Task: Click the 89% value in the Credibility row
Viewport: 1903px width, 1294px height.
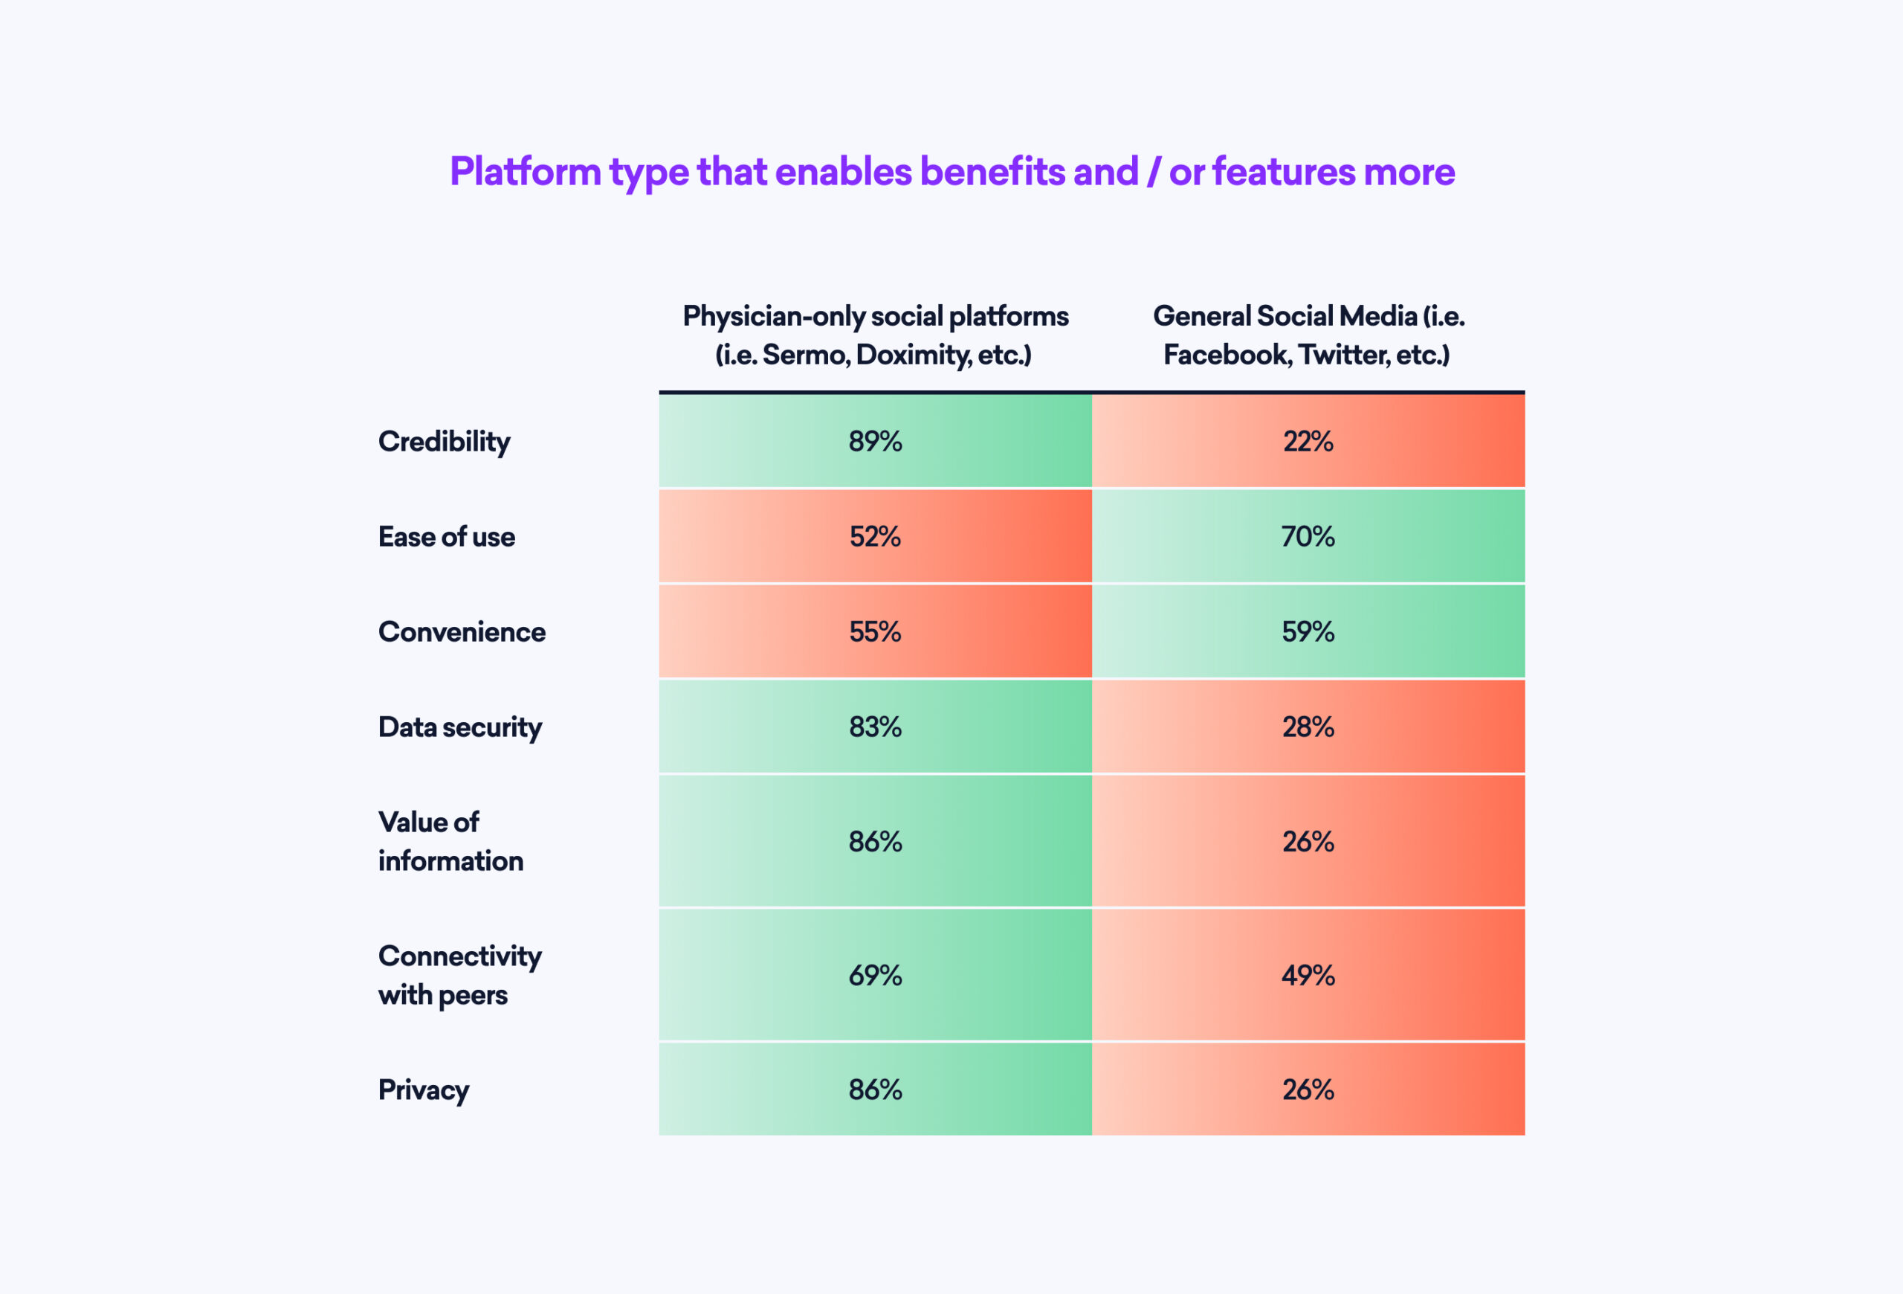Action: pos(874,442)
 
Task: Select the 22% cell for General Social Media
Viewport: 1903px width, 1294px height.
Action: pos(1308,442)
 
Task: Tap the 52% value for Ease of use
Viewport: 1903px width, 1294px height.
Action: pos(874,536)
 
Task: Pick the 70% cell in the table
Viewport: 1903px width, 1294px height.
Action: pos(1308,536)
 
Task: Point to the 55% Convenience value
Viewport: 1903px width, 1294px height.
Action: pos(874,631)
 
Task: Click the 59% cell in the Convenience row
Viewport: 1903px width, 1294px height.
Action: pos(1308,631)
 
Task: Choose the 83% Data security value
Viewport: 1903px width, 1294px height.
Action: pos(874,727)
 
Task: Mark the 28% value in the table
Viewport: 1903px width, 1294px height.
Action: pos(1308,727)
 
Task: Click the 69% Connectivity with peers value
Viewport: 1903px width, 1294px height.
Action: pos(874,975)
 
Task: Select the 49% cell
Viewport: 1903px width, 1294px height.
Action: pos(1308,975)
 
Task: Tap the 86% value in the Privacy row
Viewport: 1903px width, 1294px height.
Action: pos(874,1089)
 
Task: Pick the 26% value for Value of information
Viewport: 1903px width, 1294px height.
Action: pos(1308,841)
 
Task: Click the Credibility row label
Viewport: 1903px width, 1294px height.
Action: pos(444,442)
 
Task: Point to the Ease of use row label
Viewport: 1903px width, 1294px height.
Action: pos(446,536)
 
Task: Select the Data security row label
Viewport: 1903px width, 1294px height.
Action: pos(459,727)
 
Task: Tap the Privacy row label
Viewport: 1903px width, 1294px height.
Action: pos(424,1090)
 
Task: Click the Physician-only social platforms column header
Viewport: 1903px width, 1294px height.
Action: pos(874,335)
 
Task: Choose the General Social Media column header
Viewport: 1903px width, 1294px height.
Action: pos(1308,335)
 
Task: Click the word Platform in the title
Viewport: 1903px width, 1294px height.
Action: pos(525,172)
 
